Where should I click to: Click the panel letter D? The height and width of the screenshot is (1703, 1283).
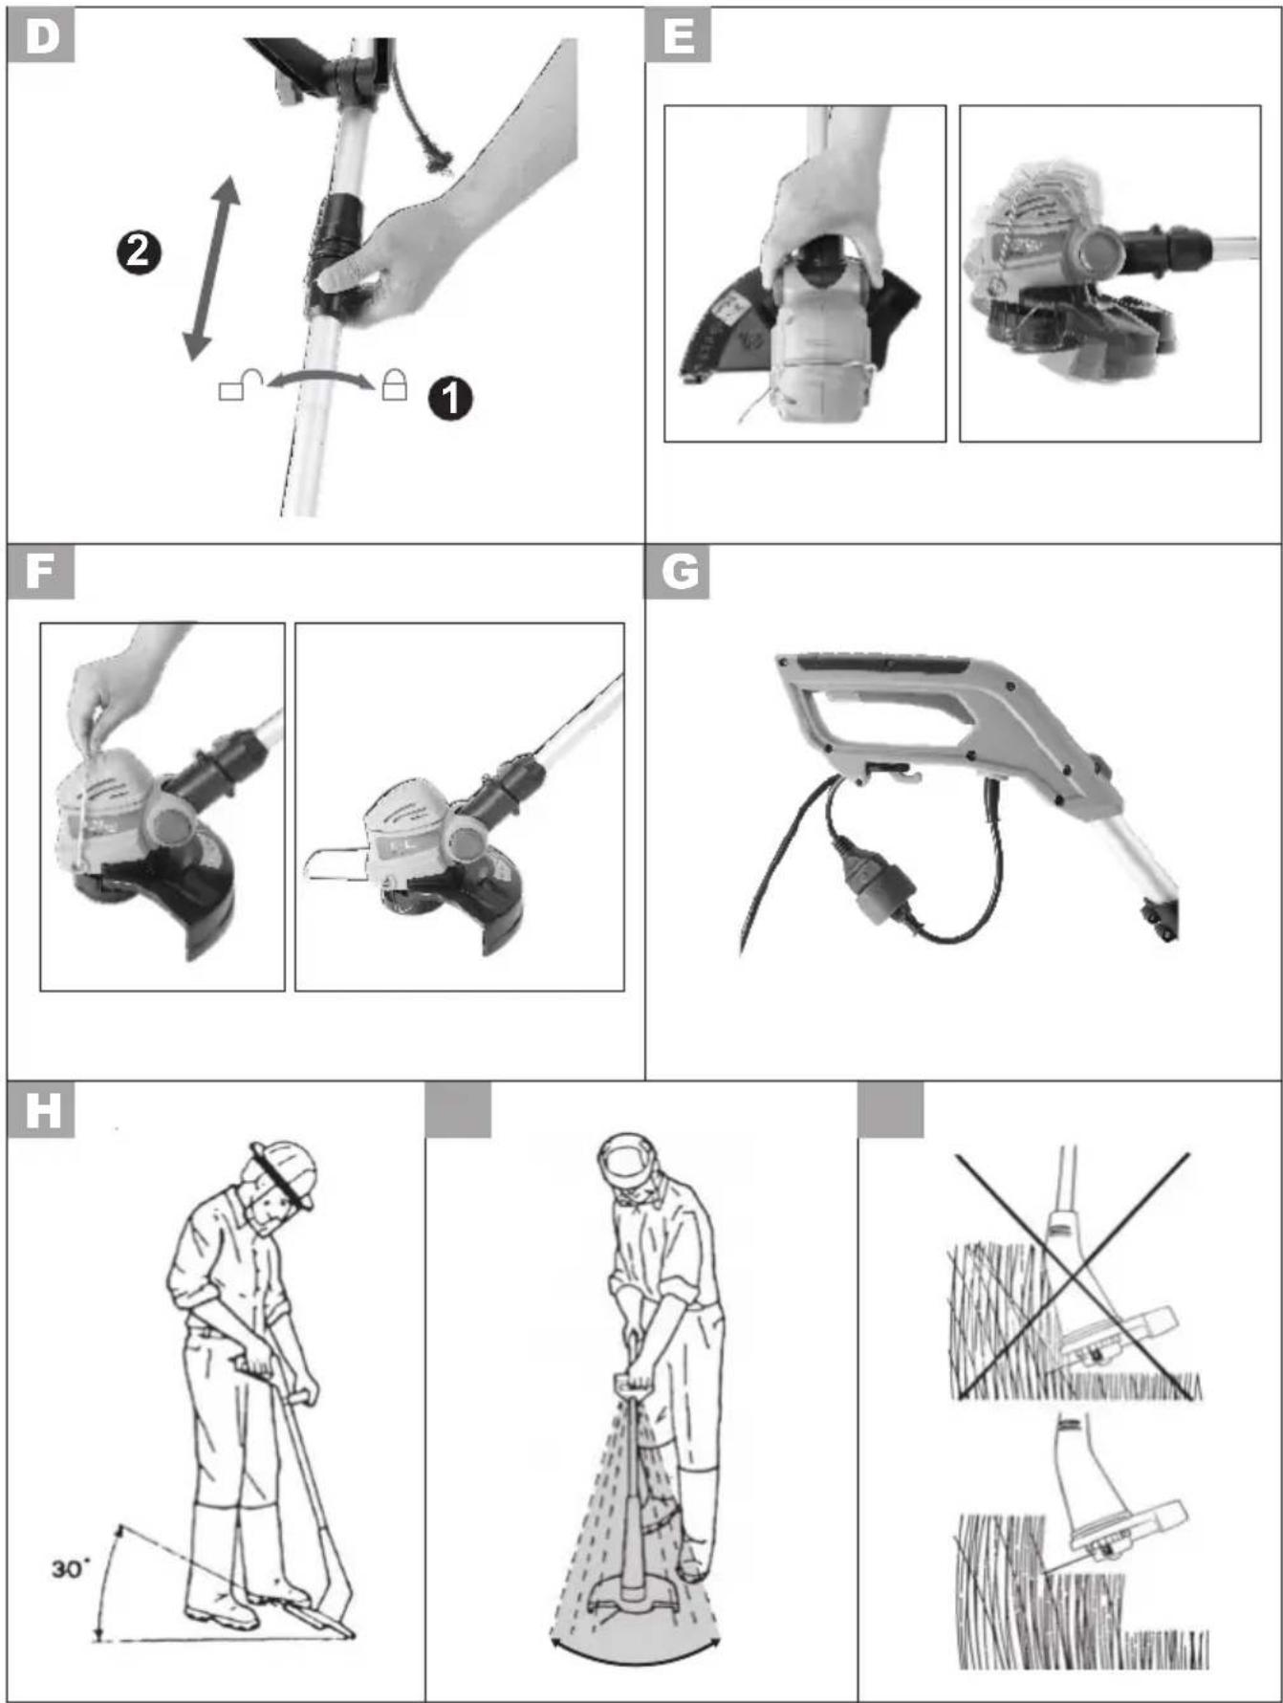pos(42,36)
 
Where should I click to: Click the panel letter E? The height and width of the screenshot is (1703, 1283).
pos(678,36)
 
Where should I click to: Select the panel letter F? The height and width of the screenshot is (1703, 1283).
pos(40,572)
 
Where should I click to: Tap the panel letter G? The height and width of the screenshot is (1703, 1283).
pos(679,572)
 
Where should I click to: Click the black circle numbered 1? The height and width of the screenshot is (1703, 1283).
pos(450,398)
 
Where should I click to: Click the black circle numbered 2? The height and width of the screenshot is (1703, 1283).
pos(139,252)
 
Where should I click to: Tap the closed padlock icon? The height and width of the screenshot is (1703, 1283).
pos(394,384)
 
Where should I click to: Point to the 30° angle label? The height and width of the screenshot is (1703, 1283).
pos(71,1568)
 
